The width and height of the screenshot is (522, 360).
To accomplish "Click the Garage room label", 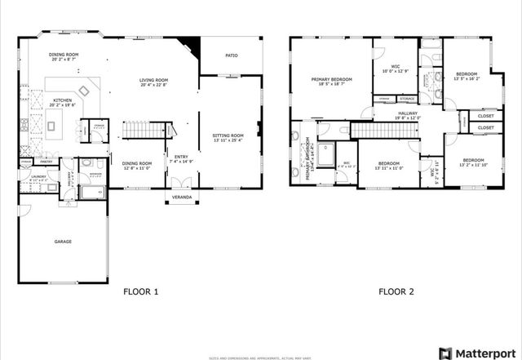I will pyautogui.click(x=63, y=242).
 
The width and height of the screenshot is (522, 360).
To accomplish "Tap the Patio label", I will pyautogui.click(x=232, y=56).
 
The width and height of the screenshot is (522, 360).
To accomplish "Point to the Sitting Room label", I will pyautogui.click(x=228, y=137).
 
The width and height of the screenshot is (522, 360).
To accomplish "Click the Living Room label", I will pyautogui.click(x=153, y=82).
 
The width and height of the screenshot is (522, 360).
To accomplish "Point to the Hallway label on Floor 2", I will pyautogui.click(x=408, y=114).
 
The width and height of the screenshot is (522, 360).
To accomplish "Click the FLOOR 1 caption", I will pyautogui.click(x=140, y=291).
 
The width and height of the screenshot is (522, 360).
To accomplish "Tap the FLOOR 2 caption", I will pyautogui.click(x=396, y=291).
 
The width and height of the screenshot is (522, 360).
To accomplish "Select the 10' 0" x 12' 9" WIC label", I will pyautogui.click(x=395, y=68).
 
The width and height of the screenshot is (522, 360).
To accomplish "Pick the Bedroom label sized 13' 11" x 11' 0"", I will pyautogui.click(x=390, y=166).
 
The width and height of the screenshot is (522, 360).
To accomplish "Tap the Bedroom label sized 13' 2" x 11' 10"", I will pyautogui.click(x=473, y=162).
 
